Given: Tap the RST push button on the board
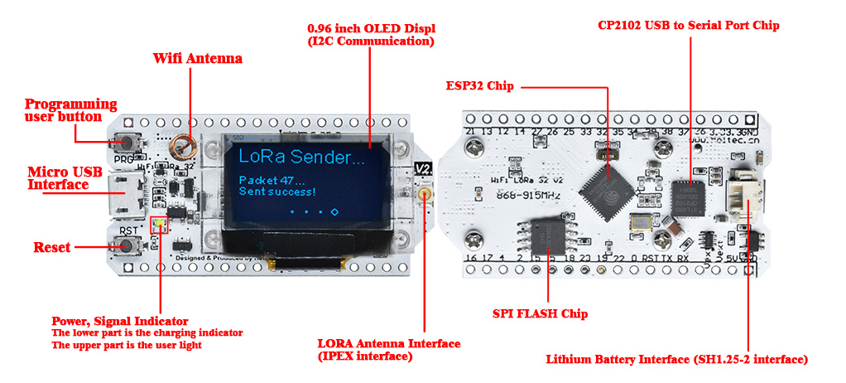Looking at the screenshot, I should coord(127,245).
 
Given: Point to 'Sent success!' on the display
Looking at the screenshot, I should coord(276,191).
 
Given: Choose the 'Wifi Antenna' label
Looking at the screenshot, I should coord(198,59).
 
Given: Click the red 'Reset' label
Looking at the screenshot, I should coord(52,247).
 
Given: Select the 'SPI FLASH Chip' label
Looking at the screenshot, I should coord(540,314).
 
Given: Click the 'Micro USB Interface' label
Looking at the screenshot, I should coord(58,178).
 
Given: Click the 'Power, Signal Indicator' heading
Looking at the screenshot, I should coord(120,321).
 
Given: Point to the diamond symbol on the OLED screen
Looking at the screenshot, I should coord(334,212).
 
